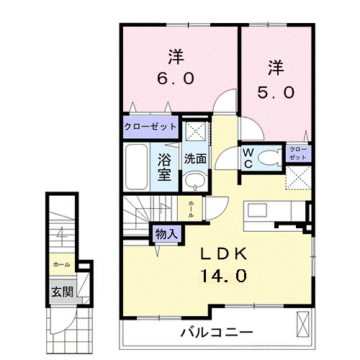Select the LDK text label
pos(224,253)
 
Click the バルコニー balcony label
pos(216,333)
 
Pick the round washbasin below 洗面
pos(193,182)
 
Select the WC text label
pos(247,158)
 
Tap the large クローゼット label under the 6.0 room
pos(150,127)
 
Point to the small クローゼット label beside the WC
pos(297,153)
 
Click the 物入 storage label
pos(166,233)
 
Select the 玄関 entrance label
pos(60,292)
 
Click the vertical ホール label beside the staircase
pos(191,210)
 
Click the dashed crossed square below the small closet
pos(298,176)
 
